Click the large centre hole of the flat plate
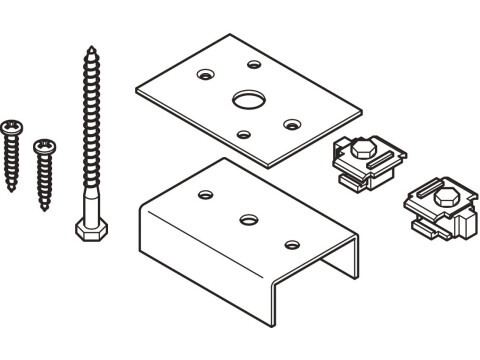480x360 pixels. point(245,99)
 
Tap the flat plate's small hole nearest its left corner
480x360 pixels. point(206,74)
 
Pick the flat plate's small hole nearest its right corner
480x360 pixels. point(292,124)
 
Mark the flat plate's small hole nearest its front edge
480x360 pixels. point(243,134)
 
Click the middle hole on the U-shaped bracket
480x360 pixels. point(247,216)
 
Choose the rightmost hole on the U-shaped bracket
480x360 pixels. point(292,243)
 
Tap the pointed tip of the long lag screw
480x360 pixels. point(91,46)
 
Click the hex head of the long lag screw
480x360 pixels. point(87,229)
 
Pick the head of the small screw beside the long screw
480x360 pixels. point(43,147)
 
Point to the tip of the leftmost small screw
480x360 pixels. point(12,190)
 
